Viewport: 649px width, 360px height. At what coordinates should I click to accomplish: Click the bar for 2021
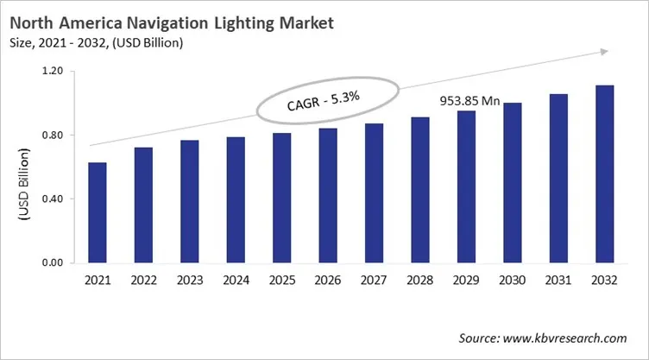(x=97, y=212)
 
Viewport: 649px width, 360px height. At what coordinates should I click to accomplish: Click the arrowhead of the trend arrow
(x=602, y=53)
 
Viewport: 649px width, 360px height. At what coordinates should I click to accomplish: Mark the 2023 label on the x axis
(x=189, y=281)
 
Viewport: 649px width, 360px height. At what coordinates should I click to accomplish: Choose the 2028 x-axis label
(x=419, y=281)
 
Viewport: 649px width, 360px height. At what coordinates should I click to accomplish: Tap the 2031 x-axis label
(x=558, y=281)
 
